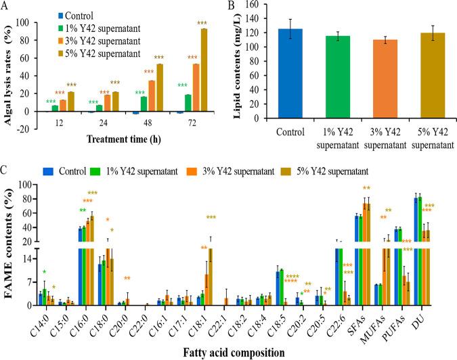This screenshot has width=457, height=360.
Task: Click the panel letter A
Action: tap(6, 6)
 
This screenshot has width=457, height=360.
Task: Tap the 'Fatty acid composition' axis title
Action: tap(232, 352)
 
